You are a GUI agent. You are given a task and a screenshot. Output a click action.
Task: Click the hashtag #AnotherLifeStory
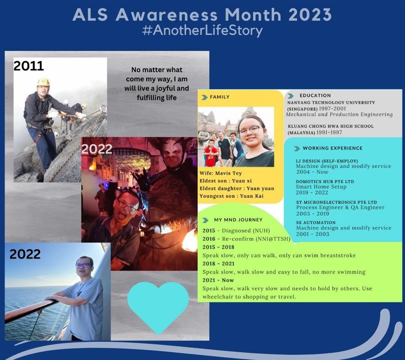(202, 31)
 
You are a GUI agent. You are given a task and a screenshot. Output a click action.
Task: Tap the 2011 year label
(28, 66)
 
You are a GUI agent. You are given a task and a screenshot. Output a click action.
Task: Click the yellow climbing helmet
(43, 82)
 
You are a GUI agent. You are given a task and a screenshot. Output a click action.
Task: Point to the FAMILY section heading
(220, 97)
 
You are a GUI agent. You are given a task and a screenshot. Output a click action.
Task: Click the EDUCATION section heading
(315, 95)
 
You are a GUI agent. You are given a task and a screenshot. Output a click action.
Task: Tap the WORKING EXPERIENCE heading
(333, 148)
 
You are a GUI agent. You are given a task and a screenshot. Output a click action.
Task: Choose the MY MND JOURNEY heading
(238, 220)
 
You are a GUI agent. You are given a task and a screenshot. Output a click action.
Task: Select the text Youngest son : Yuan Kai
(231, 196)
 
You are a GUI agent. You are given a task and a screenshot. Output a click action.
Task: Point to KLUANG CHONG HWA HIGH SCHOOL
(331, 126)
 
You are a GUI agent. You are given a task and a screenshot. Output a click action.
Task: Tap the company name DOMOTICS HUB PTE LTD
(325, 181)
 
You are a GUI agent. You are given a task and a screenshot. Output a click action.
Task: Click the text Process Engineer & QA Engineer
(341, 207)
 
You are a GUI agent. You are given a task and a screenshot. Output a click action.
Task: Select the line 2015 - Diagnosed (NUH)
(236, 230)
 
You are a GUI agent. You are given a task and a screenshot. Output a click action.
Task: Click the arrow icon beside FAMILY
(205, 97)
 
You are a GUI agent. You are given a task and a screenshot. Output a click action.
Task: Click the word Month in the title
(253, 14)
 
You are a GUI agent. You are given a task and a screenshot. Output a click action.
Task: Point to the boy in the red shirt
(211, 153)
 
